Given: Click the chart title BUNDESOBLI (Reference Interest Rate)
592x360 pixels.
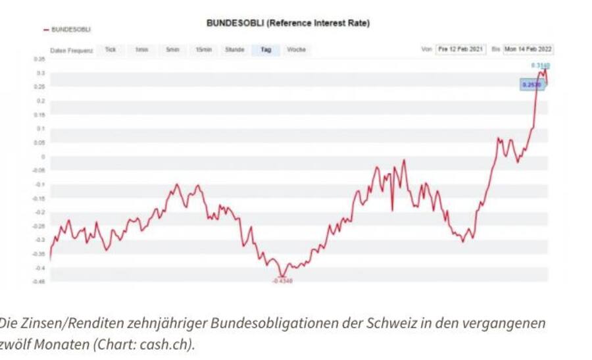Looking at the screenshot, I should click(288, 23).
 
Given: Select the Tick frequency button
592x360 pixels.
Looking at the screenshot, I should click(111, 50).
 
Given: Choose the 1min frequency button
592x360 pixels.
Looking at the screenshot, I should click(141, 50).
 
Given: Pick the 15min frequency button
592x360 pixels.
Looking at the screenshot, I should click(203, 50).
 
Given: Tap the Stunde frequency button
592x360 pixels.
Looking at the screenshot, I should click(235, 50).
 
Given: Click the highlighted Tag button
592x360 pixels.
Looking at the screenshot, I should click(266, 50).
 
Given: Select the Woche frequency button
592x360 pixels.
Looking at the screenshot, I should click(297, 50).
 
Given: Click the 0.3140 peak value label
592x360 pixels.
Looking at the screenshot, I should click(541, 66).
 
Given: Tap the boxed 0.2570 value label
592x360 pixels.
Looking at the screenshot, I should click(530, 85).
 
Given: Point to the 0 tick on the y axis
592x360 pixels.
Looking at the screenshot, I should click(43, 157).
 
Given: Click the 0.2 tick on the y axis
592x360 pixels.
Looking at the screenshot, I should click(41, 101).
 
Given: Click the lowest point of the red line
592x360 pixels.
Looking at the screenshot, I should click(282, 275).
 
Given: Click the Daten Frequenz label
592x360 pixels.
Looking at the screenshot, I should click(72, 50).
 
